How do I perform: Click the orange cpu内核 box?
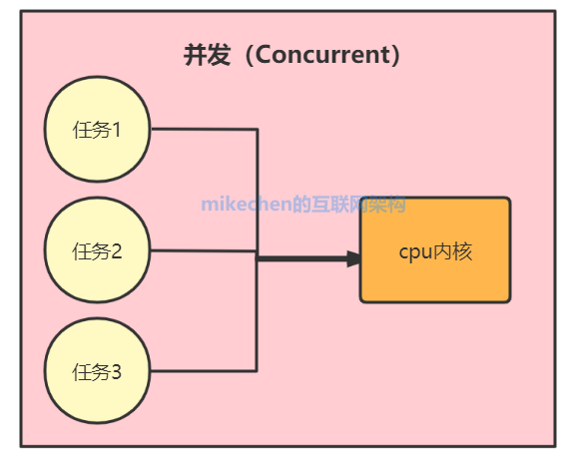point(435,250)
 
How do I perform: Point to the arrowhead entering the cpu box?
point(353,258)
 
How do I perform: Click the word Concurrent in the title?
point(323,55)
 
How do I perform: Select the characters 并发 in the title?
point(207,55)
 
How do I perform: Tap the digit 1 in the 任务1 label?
point(117,130)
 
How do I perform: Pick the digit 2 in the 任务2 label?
point(117,251)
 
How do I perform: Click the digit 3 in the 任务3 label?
point(116,372)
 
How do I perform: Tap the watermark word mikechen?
point(247,204)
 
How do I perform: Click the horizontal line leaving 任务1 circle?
point(205,129)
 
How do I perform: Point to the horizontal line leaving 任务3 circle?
point(204,371)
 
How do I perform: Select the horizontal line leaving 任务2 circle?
point(204,250)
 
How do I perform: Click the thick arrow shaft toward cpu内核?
point(301,258)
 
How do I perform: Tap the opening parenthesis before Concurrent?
point(250,55)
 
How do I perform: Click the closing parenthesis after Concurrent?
point(396,55)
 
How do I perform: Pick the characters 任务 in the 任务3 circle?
point(92,372)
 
